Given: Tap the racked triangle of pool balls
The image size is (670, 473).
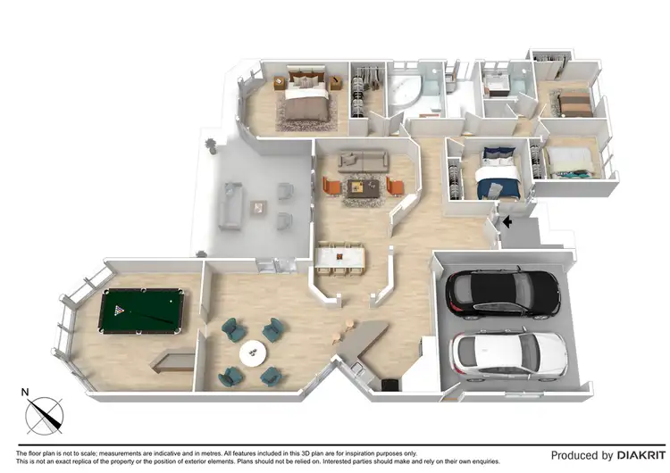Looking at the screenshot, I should [121, 310].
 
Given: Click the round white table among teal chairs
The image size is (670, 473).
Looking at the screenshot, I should [253, 353].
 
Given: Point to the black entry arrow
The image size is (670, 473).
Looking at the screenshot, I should [507, 222].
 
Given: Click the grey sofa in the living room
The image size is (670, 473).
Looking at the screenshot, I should [362, 161].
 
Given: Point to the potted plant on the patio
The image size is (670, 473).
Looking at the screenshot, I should [211, 144].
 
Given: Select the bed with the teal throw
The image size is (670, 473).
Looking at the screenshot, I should [568, 162].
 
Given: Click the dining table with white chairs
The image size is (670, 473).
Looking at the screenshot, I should [339, 260].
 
